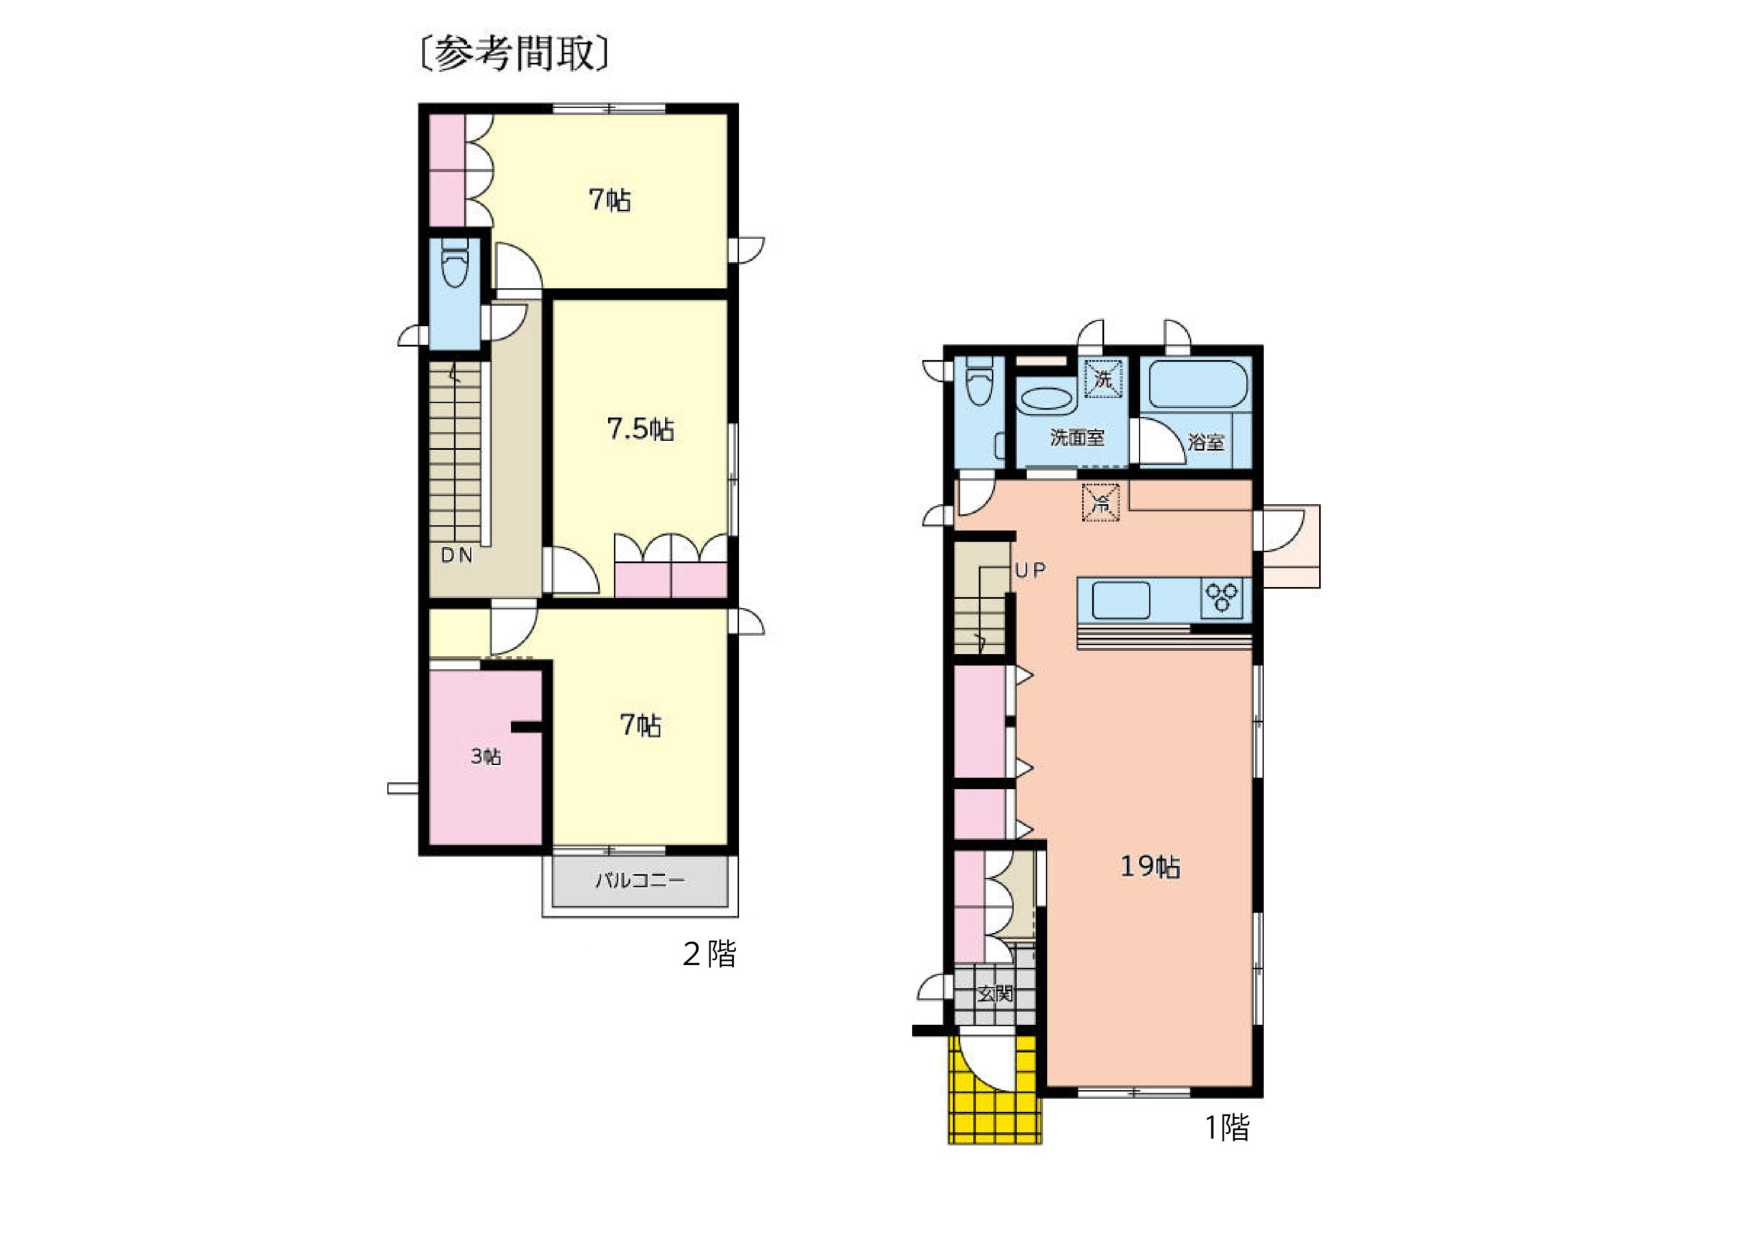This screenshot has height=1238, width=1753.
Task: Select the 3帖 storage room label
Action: click(x=485, y=757)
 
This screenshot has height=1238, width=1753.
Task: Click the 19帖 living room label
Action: click(x=1150, y=867)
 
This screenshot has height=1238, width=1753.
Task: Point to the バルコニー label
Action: click(x=640, y=881)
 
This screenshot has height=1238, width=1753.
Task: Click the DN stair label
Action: click(x=457, y=555)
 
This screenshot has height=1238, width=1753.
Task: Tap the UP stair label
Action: click(x=1030, y=570)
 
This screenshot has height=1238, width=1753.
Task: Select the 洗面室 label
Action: click(x=1076, y=438)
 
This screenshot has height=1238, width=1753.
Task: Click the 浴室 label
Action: click(x=1206, y=442)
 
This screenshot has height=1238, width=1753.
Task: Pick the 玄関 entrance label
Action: click(x=996, y=994)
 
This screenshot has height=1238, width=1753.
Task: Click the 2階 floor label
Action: click(x=709, y=954)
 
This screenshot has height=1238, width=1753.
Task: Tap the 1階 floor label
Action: click(x=1227, y=1127)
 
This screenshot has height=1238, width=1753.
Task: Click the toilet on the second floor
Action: click(x=455, y=264)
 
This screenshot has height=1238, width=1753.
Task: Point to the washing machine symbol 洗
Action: click(x=1104, y=379)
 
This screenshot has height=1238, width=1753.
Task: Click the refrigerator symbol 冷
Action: click(x=1100, y=502)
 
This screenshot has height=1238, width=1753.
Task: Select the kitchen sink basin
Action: click(x=1121, y=600)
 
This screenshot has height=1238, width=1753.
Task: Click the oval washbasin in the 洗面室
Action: click(x=1046, y=399)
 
